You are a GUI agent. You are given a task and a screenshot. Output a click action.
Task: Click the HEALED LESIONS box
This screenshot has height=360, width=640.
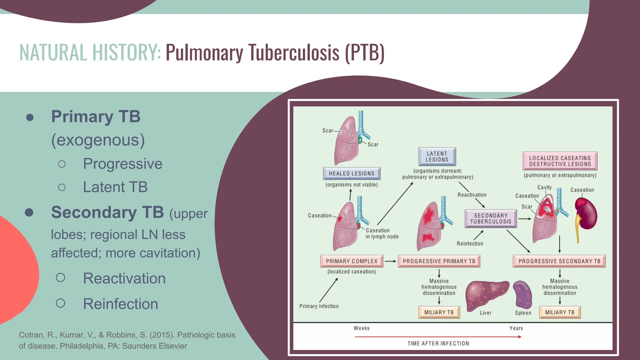click(352, 173)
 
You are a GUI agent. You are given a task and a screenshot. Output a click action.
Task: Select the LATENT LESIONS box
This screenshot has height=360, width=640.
click(437, 157)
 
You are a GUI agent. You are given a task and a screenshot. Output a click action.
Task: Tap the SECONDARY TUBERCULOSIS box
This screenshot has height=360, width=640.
click(491, 218)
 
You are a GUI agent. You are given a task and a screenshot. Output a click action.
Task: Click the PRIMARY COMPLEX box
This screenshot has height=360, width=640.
click(352, 261)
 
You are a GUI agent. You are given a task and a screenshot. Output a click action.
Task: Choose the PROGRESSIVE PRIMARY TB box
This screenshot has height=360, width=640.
click(439, 261)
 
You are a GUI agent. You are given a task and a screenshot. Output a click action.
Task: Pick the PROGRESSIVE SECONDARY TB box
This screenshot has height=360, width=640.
click(559, 261)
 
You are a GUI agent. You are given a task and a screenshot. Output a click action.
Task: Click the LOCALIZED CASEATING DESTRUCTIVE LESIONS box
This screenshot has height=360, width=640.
click(560, 161)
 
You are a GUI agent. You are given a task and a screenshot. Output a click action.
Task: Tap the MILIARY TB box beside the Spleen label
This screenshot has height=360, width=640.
click(560, 312)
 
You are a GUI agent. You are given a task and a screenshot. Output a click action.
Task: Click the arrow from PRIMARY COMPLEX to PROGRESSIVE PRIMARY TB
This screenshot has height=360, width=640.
click(390, 261)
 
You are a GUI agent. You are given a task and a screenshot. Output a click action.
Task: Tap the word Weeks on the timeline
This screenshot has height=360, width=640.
click(362, 328)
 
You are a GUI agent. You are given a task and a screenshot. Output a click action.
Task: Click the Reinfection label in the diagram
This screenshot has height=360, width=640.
click(470, 244)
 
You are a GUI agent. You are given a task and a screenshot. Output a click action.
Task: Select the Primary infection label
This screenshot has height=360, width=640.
click(319, 306)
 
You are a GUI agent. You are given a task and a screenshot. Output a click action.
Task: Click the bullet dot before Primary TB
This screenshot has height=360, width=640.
click(30, 117)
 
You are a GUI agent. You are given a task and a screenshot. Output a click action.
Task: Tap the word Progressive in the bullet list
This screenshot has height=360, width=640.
click(122, 164)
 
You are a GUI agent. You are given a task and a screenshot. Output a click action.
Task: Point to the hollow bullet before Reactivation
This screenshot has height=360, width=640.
click(61, 277)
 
